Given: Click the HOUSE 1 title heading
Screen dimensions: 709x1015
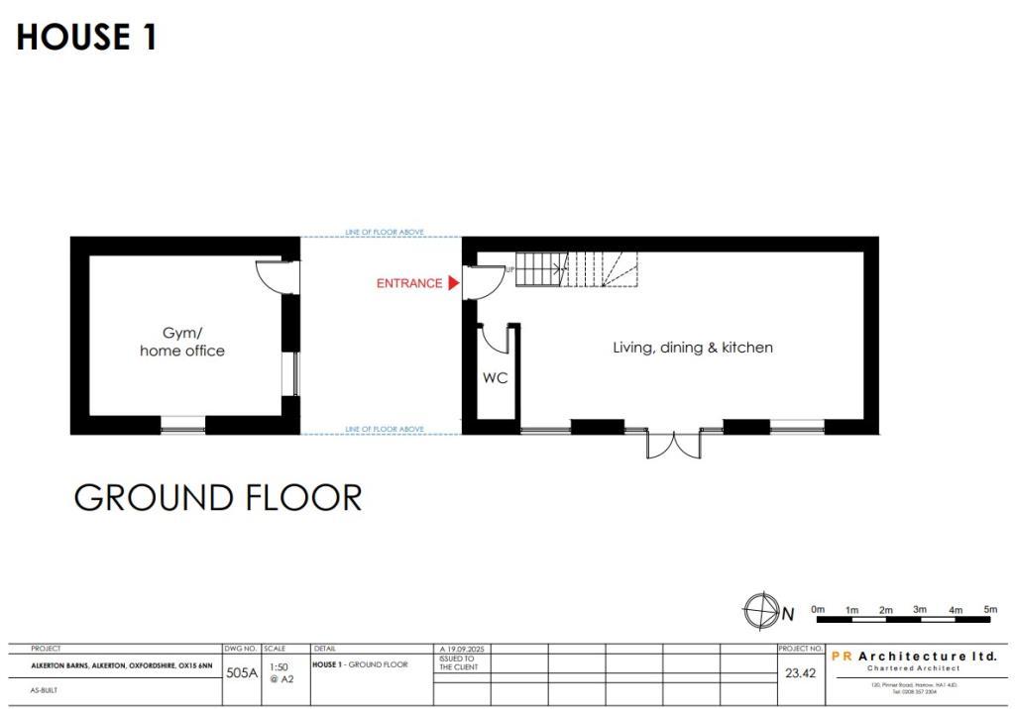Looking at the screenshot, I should coord(86,38).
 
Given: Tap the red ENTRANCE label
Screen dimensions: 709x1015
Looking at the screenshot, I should coord(408,283).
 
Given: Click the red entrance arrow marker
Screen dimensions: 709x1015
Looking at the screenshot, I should coord(454,283).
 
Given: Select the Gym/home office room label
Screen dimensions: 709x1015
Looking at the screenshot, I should coord(181,343).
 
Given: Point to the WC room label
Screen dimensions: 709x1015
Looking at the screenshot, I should coord(495,378).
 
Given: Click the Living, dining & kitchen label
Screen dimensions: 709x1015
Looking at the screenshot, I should coord(692,348).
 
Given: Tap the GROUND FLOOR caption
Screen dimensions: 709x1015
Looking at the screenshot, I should coord(218,497).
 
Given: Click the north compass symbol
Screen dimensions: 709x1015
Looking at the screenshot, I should coord(760,611).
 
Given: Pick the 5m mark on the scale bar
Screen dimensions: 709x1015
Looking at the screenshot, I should coord(989,609).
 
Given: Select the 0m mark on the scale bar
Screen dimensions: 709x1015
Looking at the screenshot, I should coord(818,609).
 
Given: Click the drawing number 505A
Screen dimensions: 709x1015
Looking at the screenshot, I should coord(242,673).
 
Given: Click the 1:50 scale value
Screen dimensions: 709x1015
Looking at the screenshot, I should coord(279,667).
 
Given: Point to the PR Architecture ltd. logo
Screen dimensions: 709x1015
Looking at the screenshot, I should coord(913,658).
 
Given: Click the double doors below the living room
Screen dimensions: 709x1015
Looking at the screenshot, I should coord(674,445).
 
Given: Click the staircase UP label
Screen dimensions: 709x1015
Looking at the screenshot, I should coord(510,268).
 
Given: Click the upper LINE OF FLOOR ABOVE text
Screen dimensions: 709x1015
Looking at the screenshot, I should coord(385,232).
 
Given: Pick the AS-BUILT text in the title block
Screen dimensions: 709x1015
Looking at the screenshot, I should coord(45,690).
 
